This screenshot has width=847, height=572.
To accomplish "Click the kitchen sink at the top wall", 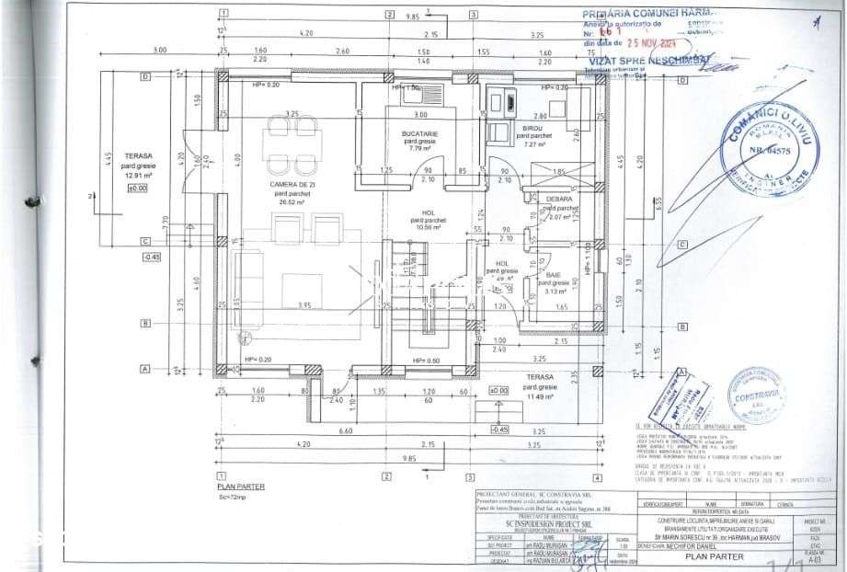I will [x=404, y=90].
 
